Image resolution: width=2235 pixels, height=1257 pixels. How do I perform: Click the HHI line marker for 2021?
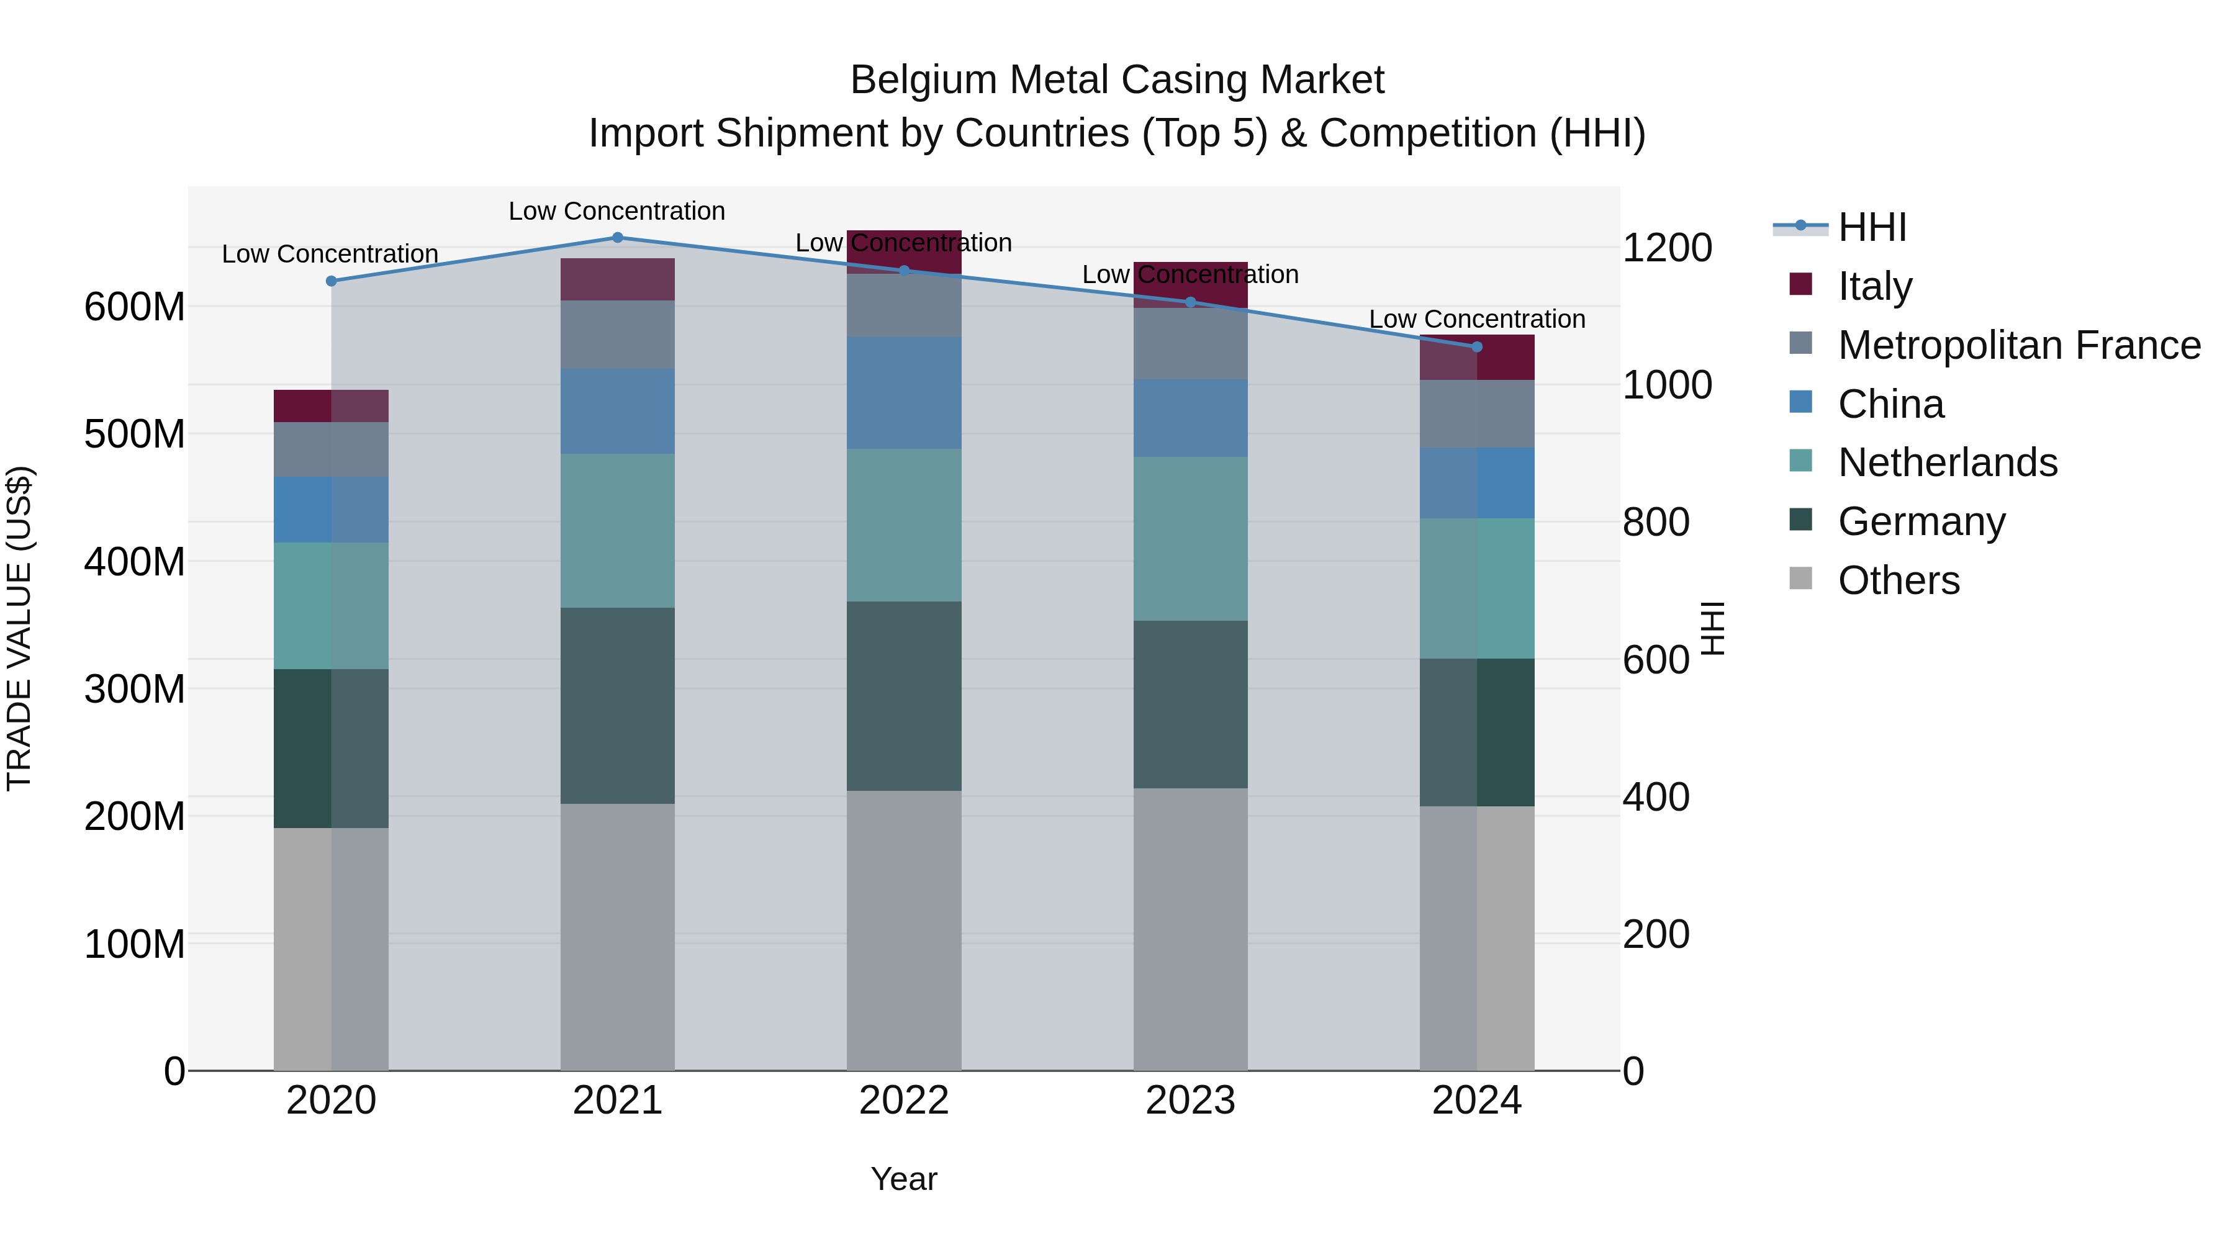618,238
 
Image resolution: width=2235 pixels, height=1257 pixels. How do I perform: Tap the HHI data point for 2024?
1478,347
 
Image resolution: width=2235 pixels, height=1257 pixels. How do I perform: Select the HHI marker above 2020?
330,281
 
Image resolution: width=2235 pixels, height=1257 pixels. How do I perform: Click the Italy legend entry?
1874,286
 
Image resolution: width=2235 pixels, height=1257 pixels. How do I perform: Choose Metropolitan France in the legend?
2018,345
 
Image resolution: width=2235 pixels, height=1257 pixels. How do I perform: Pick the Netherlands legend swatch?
1801,461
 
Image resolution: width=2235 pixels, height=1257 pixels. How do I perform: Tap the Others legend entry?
1899,580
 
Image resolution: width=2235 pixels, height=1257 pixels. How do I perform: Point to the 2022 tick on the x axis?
904,1101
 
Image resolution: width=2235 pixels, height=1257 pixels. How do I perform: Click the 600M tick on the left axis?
135,307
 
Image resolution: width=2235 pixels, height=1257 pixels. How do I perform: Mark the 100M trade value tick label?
135,944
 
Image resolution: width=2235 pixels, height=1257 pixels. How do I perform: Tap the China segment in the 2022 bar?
904,393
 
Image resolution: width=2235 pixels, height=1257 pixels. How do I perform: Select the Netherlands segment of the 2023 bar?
1190,539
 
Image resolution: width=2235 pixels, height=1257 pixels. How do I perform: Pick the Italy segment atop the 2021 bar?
618,279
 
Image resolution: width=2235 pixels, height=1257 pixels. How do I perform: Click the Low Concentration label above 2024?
1477,319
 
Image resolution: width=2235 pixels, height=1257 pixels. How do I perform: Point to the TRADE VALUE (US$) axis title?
19,628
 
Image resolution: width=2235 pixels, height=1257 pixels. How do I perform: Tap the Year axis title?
904,1179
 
